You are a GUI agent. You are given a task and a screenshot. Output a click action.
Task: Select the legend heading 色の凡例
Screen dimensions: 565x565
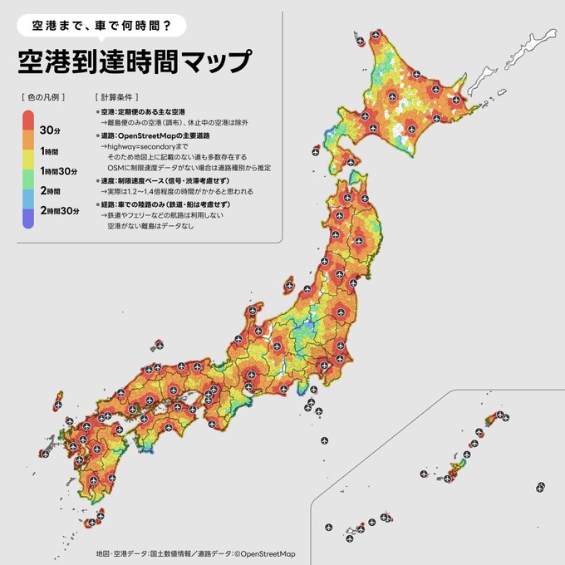click(47, 96)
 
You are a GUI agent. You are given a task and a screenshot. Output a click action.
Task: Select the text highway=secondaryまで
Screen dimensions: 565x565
click(143, 145)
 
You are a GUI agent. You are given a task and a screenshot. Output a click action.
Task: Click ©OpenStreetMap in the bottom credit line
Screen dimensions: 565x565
click(264, 553)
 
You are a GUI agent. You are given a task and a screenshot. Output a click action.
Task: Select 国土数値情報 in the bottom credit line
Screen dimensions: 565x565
click(172, 553)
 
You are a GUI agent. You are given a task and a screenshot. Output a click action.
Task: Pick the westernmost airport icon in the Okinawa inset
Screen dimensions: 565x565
click(327, 527)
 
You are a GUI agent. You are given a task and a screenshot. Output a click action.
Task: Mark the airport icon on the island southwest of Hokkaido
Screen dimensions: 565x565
click(315, 152)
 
